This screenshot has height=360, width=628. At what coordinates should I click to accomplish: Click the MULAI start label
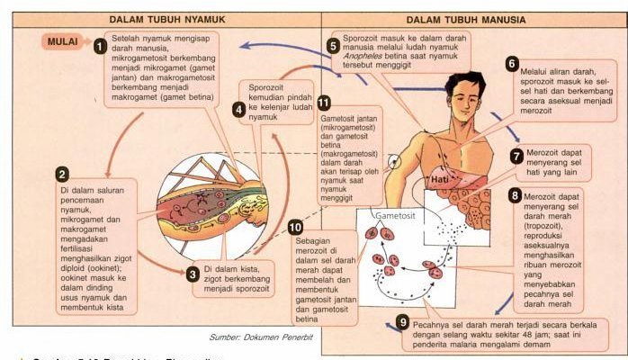click(63, 41)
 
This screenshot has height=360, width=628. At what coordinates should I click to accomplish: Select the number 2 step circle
click(62, 175)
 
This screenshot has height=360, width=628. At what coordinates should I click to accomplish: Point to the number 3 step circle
click(192, 274)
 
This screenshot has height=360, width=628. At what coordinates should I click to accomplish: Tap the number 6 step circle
click(512, 65)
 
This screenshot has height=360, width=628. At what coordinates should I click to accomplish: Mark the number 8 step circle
click(514, 195)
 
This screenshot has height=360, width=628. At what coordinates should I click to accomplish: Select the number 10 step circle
click(295, 227)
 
